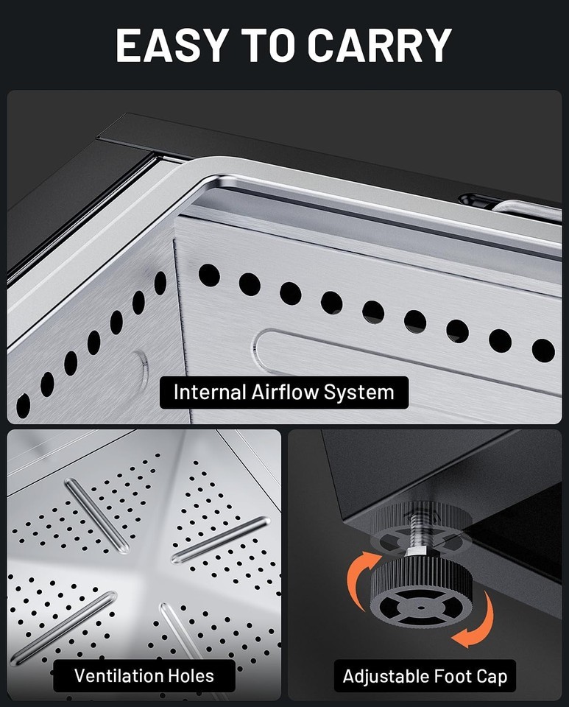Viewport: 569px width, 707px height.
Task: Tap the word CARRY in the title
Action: [x=380, y=46]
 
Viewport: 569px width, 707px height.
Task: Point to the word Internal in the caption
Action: [x=209, y=393]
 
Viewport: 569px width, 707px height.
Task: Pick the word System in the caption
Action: [x=358, y=393]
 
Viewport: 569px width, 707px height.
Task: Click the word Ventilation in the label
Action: [x=118, y=676]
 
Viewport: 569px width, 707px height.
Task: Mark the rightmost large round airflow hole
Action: [x=543, y=351]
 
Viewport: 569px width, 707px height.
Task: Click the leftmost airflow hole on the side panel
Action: [x=23, y=405]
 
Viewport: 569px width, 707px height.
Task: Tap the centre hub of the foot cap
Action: [x=420, y=608]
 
